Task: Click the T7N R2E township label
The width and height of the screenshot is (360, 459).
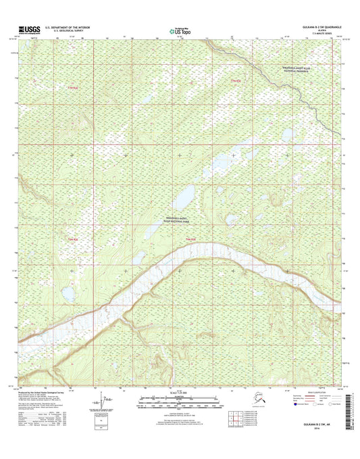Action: tap(236, 82)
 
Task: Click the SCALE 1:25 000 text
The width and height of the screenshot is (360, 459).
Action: tap(180, 391)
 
